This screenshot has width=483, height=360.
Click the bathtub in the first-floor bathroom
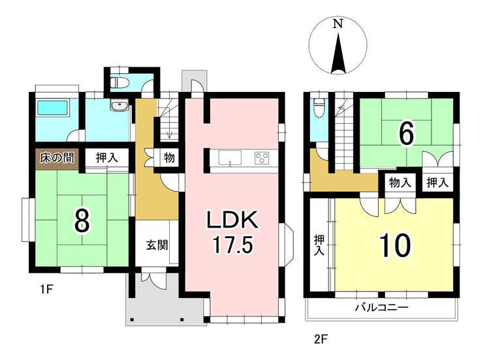(x=52, y=108)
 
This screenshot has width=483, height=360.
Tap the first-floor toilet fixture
(x=119, y=82)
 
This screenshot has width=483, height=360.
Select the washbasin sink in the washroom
(x=119, y=106)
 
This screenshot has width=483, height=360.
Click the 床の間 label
(x=57, y=158)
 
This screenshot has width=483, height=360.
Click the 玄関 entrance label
(x=157, y=245)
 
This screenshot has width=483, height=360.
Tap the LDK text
(x=232, y=220)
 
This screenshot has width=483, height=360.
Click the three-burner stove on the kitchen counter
(x=262, y=158)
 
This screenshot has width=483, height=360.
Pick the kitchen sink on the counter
(x=230, y=158)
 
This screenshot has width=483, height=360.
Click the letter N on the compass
(x=338, y=24)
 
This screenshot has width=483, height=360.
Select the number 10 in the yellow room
(x=395, y=245)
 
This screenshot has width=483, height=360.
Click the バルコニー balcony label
(x=381, y=307)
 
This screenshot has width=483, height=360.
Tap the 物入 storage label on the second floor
(x=400, y=183)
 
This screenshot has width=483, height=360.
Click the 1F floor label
(x=46, y=289)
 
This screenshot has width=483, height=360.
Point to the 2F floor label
(x=319, y=340)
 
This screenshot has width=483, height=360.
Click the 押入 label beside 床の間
(x=107, y=158)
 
